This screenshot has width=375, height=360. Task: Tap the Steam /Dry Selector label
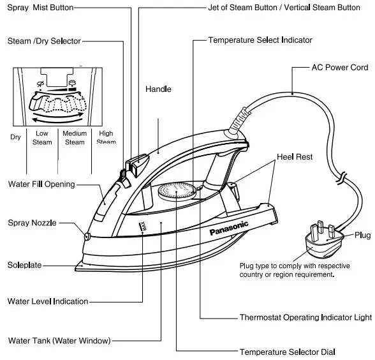[44, 41]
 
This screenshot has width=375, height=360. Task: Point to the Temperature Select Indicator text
[260, 40]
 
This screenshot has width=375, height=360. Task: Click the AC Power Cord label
[339, 67]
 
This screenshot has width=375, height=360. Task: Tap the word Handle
[158, 89]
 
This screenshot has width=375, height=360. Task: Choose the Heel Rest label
[295, 156]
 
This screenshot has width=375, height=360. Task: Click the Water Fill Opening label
[41, 184]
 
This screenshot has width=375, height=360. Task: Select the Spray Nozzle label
[33, 223]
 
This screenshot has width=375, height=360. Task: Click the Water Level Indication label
[48, 301]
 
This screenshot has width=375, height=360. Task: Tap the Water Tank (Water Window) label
[59, 340]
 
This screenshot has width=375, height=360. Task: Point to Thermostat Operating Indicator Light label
[305, 317]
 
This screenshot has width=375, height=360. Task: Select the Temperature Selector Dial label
[287, 352]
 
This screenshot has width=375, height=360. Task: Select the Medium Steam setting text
[75, 138]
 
